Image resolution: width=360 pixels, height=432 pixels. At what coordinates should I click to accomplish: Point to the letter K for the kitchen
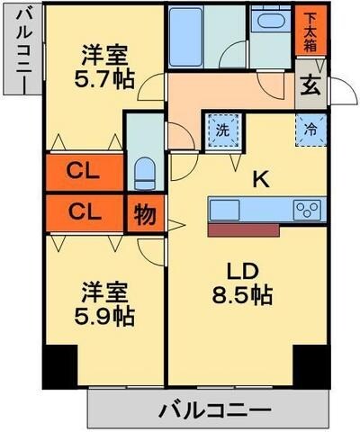(x=260, y=179)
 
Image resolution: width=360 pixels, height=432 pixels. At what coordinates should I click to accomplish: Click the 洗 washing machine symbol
(x=221, y=128)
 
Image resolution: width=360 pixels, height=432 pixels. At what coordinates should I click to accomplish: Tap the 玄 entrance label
(x=309, y=87)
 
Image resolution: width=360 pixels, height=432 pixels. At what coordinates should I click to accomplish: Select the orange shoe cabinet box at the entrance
(x=309, y=31)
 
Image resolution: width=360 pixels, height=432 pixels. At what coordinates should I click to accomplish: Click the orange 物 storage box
(x=143, y=215)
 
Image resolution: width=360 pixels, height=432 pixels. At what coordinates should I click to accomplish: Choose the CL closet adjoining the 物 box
(x=85, y=213)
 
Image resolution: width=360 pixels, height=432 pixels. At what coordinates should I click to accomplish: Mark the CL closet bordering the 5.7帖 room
(x=85, y=169)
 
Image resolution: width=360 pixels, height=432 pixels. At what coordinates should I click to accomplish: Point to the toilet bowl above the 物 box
(x=144, y=170)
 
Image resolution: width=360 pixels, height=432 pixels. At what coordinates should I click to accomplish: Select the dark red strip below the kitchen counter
(x=243, y=230)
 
